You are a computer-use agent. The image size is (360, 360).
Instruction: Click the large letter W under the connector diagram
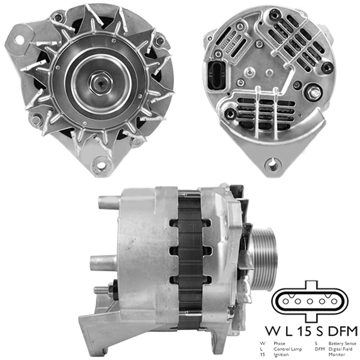273,330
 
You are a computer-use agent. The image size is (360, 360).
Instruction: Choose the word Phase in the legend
279,343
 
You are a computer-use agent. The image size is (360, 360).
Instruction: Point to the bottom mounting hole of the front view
101,165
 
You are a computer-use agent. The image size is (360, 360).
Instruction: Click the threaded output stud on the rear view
315,93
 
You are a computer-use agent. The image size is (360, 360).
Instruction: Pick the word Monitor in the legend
337,354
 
